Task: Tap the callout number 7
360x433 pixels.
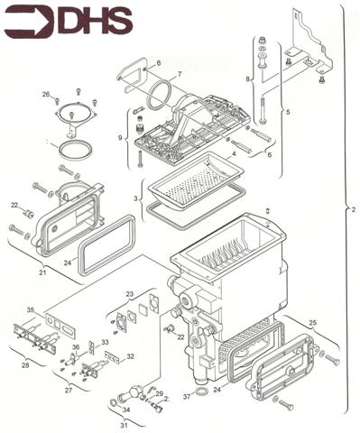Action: click(x=180, y=73)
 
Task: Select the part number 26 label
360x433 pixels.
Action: click(x=45, y=94)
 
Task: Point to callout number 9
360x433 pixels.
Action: click(x=120, y=138)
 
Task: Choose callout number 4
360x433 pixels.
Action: click(x=234, y=155)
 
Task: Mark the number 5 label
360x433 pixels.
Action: click(x=288, y=112)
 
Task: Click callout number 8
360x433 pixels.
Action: click(x=248, y=80)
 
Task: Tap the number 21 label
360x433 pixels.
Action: click(x=42, y=272)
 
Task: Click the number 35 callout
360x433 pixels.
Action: click(x=30, y=310)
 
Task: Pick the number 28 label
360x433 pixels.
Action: click(x=25, y=365)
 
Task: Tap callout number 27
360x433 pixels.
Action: click(x=68, y=392)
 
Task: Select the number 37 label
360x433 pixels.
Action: click(x=187, y=396)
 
